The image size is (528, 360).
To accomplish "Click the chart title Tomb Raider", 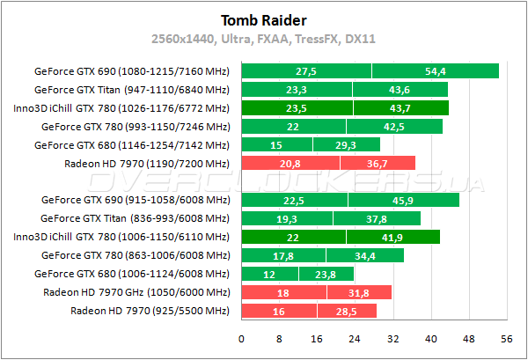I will (264, 20).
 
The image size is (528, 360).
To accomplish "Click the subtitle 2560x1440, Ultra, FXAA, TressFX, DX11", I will (264, 40).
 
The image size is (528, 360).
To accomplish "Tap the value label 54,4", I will (435, 71).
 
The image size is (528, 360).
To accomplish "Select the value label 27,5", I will (306, 71).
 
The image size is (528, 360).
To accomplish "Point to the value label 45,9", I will (403, 201).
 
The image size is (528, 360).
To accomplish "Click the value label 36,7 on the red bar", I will (377, 164).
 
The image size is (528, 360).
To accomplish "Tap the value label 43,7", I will (400, 108).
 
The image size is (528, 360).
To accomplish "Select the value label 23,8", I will (311, 275).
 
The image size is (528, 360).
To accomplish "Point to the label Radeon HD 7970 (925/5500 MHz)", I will (150, 312).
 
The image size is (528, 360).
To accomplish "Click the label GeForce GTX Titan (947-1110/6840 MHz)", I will (131, 90).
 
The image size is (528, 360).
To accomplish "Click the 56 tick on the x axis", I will (505, 339).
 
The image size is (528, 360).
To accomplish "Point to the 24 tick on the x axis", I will (355, 339).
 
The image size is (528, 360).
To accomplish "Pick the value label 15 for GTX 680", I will (276, 145).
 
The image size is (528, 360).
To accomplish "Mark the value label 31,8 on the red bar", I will (360, 293).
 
